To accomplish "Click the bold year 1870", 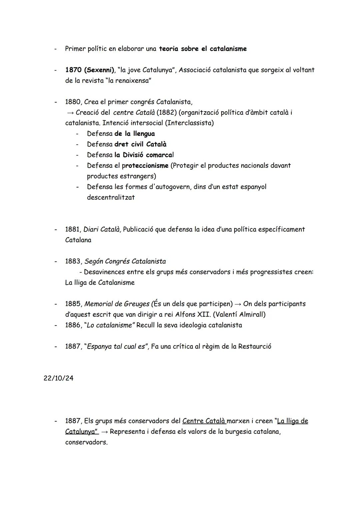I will (73, 70).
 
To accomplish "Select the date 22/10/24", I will (58, 378).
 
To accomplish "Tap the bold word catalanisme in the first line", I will (228, 49).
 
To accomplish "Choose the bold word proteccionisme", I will (145, 166).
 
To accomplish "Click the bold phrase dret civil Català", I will (140, 144).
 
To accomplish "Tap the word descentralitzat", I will (111, 197).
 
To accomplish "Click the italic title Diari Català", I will (102, 229).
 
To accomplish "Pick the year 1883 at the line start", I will (73, 261).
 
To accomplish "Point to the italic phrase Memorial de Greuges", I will (117, 304).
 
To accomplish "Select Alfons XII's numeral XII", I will (201, 314).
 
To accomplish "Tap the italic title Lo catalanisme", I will (109, 325).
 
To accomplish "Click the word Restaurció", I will (255, 346).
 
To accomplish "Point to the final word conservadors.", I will (86, 442).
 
